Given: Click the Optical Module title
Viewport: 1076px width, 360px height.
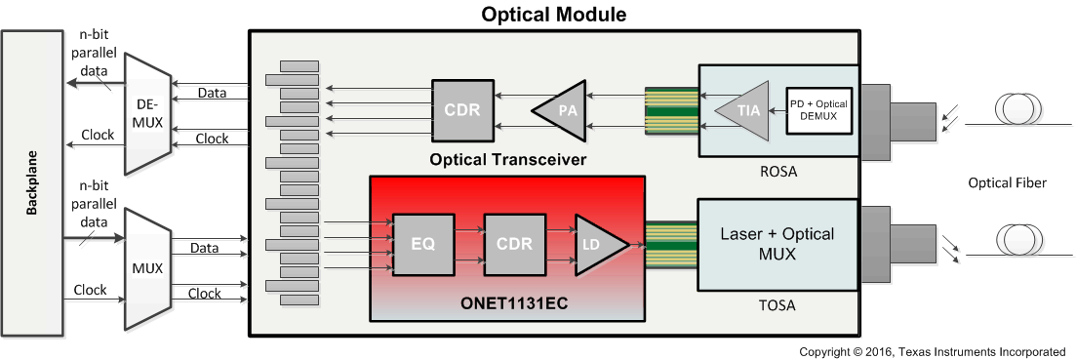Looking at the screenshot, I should tap(553, 15).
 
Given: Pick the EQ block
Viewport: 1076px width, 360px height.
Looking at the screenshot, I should tap(421, 245).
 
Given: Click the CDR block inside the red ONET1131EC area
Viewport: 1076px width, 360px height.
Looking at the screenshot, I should tap(513, 245).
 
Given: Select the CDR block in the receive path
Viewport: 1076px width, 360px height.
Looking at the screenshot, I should tap(462, 109).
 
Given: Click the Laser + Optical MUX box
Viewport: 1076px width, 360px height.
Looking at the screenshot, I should tap(777, 244).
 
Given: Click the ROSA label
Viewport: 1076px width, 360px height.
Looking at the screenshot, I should tap(777, 172).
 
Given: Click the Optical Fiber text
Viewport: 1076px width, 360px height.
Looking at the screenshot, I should tap(1007, 182).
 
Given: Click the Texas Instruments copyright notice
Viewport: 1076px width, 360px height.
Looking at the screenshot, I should tap(932, 351).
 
